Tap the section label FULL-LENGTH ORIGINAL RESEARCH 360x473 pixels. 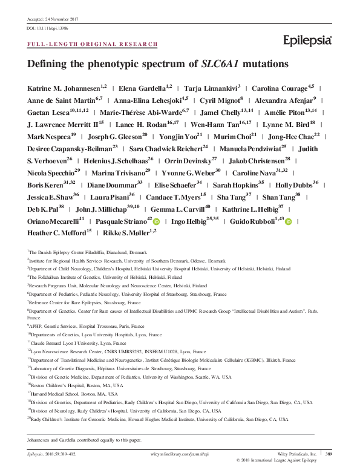pos(93,44)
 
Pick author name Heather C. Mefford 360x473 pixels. pos(58,232)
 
